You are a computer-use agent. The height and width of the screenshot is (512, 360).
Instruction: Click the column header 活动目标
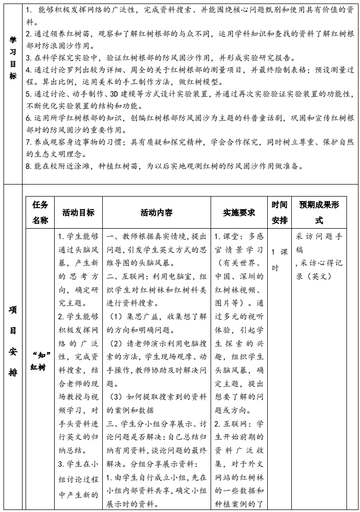coord(78,212)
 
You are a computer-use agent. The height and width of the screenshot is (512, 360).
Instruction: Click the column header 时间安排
coord(279,212)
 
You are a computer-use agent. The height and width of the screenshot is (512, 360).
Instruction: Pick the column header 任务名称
coord(41,212)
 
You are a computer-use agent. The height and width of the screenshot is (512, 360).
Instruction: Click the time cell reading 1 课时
coord(279,259)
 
